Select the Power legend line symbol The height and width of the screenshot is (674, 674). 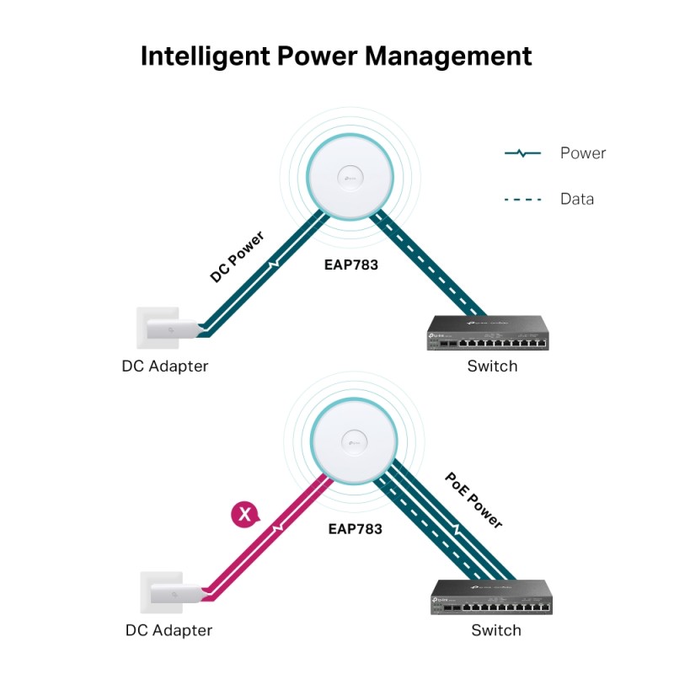coord(522,153)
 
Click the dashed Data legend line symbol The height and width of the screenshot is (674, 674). coord(522,200)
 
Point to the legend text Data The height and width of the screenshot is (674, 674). coord(577,200)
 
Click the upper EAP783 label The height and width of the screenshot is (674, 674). coord(351,265)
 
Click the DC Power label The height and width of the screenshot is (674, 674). coord(237,256)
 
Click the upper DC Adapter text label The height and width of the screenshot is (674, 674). coord(165,366)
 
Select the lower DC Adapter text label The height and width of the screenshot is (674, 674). coord(168,630)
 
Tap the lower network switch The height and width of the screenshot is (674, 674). coord(490,596)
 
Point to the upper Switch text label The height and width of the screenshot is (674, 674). coord(493,366)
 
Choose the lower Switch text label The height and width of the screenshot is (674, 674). coord(496,630)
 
